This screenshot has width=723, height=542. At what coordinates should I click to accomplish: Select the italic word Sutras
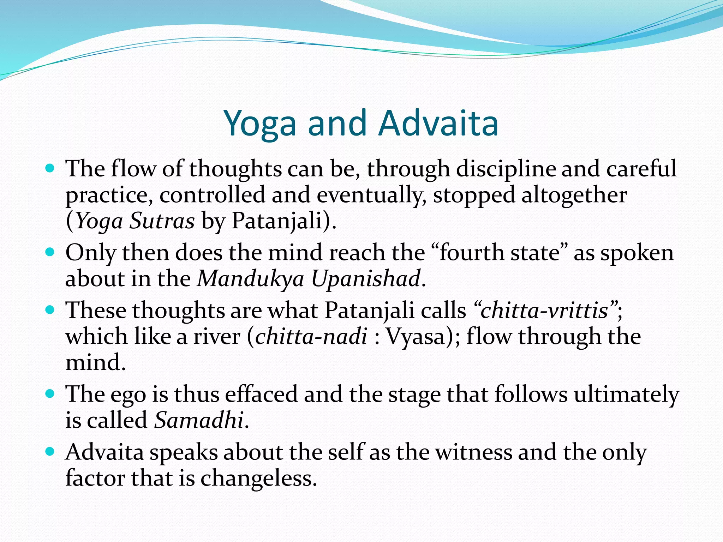[162, 221]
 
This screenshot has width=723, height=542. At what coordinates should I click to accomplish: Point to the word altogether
[574, 195]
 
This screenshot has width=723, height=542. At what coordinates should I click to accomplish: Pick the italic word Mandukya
[251, 279]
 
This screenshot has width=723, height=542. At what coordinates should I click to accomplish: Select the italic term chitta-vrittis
[544, 311]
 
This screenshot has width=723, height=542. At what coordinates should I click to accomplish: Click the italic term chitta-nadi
[311, 337]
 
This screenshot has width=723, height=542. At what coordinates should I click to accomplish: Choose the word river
[216, 337]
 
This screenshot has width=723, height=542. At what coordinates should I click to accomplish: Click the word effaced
[262, 394]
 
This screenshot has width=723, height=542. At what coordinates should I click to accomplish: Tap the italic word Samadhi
[199, 420]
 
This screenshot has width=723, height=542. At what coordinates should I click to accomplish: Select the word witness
[473, 452]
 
